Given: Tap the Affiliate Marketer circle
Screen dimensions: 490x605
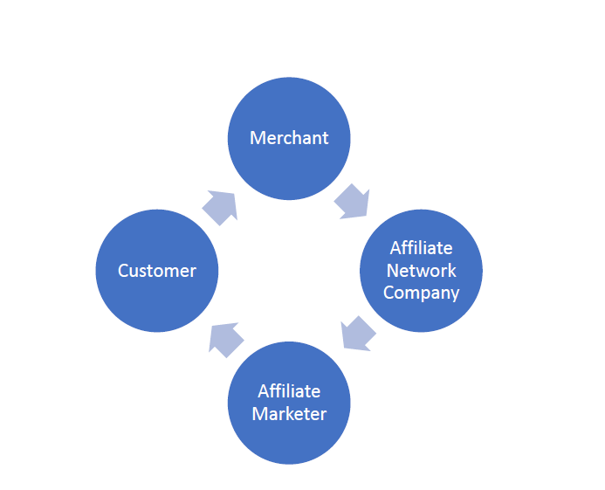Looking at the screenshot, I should [x=289, y=437].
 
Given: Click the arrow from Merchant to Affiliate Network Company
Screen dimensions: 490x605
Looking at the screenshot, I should [x=352, y=200].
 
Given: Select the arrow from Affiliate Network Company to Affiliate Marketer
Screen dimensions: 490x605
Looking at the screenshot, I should [x=358, y=333].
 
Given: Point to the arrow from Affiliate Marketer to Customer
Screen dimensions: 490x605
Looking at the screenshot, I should [x=226, y=338].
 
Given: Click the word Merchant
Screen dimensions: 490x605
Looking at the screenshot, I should [x=289, y=138].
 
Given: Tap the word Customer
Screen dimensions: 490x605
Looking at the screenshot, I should [x=157, y=271].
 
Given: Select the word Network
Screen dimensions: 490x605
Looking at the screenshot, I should [x=422, y=270].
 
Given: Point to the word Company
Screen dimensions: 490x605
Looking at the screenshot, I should [x=422, y=293].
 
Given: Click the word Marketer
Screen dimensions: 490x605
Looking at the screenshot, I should [x=289, y=413].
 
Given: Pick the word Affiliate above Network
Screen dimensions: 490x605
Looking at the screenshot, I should [x=422, y=248].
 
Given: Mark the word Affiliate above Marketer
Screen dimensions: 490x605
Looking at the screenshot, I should [x=289, y=391].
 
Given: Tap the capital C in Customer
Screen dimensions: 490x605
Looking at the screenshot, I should [x=123, y=271].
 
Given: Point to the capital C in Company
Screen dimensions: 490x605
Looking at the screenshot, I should [x=388, y=293].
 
